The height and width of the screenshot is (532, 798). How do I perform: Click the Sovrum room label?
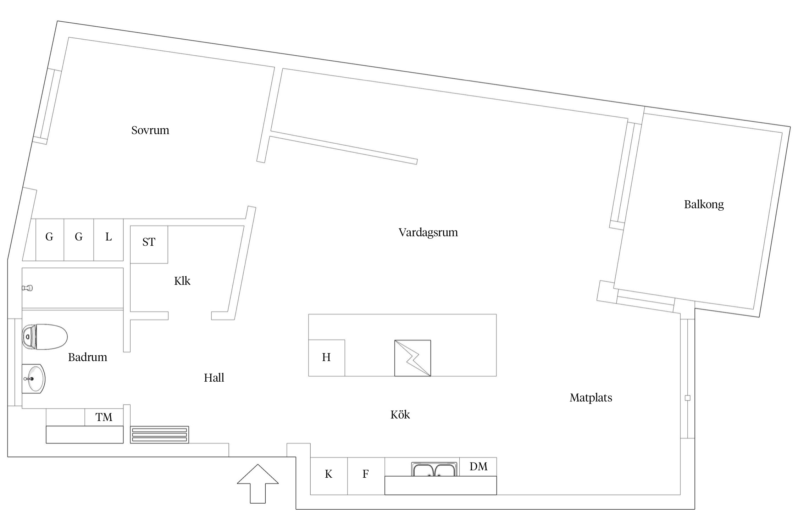(x=150, y=130)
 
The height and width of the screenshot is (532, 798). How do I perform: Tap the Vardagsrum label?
(x=428, y=233)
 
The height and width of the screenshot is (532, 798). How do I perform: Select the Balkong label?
(x=704, y=205)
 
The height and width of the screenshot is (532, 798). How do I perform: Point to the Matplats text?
(x=591, y=398)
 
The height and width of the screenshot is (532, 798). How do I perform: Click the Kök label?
(x=400, y=415)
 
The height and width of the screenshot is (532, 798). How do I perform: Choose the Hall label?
(x=214, y=378)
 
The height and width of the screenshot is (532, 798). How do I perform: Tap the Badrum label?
(x=88, y=357)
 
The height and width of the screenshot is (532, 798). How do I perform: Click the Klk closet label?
(x=182, y=281)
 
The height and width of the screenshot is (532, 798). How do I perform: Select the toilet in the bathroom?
(x=45, y=337)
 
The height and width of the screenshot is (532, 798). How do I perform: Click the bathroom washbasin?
(x=34, y=379)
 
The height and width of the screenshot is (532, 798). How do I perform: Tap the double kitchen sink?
(x=434, y=469)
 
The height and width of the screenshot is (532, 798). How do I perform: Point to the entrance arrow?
(x=258, y=484)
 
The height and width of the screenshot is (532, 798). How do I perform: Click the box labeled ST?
(x=149, y=244)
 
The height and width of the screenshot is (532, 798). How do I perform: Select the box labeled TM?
(x=104, y=417)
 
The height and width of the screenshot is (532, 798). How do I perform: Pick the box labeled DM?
(x=478, y=467)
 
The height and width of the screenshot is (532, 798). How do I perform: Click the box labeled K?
(x=329, y=476)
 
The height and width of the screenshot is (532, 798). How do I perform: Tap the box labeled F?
(x=366, y=476)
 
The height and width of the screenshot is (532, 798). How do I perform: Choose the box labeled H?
(x=327, y=358)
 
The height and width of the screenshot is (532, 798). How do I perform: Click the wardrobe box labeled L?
(x=109, y=240)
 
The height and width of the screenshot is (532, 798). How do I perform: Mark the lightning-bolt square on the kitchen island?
(x=413, y=358)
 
